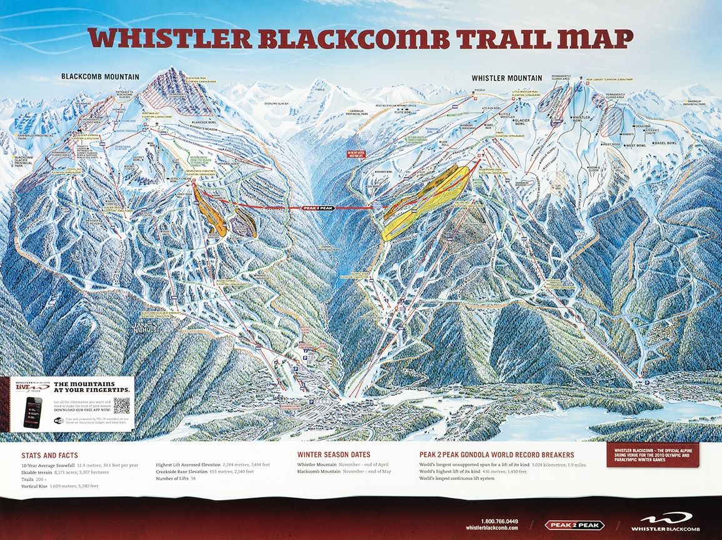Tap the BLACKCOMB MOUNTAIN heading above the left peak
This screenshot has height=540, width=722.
point(100,77)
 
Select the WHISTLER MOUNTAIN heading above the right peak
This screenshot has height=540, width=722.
point(506,78)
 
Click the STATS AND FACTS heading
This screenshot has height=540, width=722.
point(49,456)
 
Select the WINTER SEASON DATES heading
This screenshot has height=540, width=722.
point(334,454)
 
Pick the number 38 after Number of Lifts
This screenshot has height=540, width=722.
point(209,479)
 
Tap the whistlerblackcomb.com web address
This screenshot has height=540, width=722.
point(492,528)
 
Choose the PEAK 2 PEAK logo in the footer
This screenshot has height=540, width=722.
point(575,525)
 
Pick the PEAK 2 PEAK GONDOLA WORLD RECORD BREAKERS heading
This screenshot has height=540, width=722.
point(496,455)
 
